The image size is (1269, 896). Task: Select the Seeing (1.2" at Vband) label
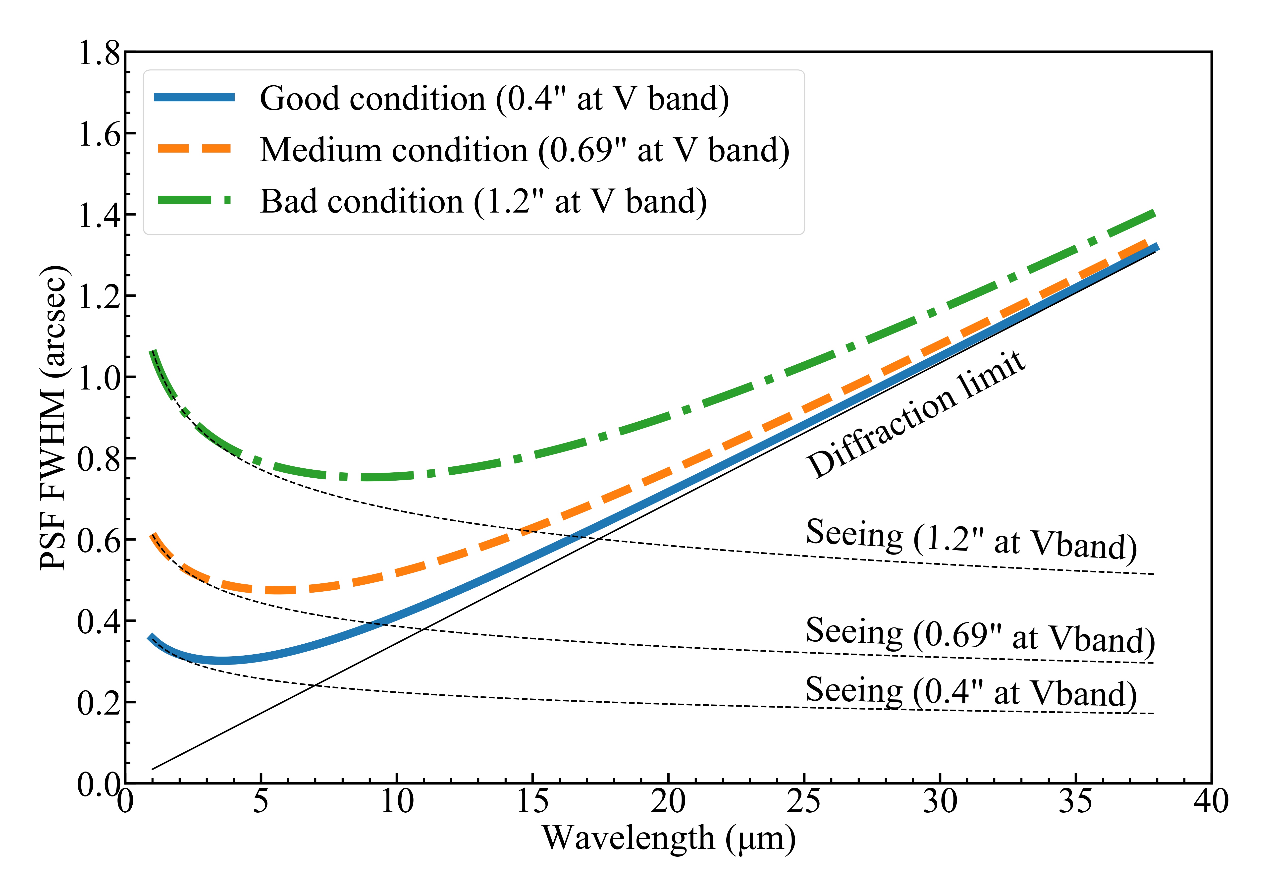(971, 539)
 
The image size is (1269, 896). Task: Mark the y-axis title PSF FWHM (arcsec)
(54, 417)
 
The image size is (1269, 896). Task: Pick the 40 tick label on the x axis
(1211, 801)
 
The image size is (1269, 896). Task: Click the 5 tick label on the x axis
(261, 801)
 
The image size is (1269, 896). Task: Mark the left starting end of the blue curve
(150, 637)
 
